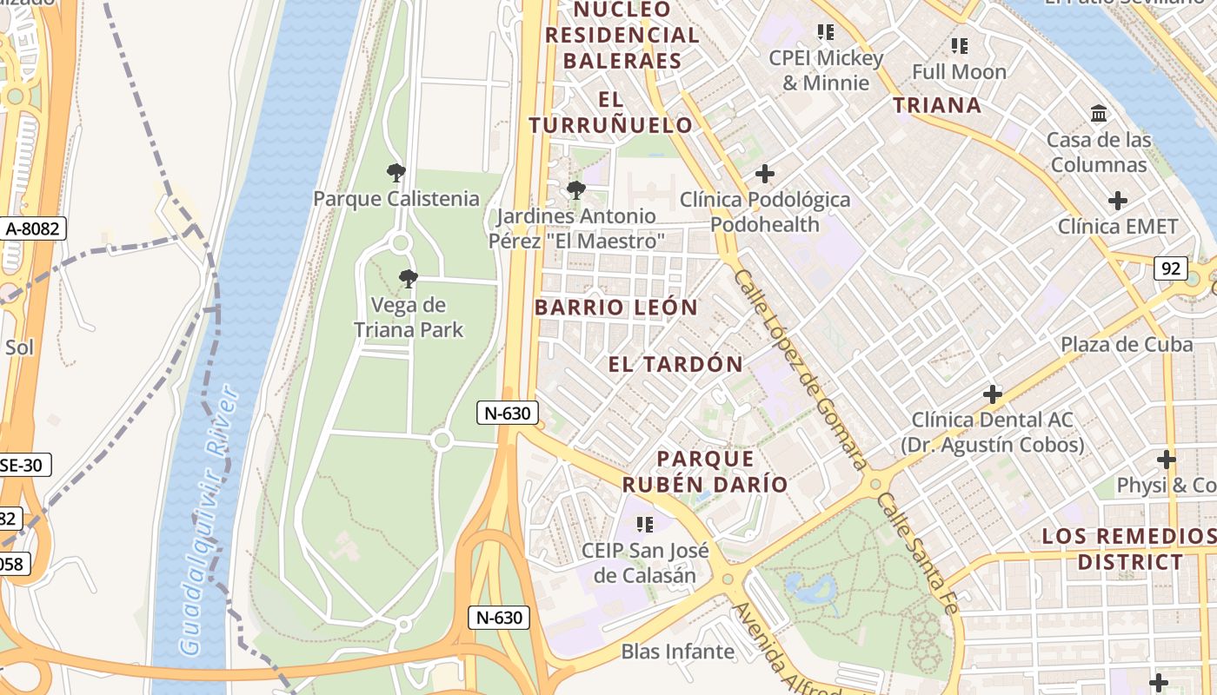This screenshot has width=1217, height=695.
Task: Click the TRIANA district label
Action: point(937,105)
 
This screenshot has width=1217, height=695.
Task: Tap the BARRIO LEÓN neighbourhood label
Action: point(616,307)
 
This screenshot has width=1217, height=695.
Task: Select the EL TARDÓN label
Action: point(675,364)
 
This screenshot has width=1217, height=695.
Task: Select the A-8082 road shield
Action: point(33,228)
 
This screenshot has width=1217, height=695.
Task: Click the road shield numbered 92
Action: point(1170,268)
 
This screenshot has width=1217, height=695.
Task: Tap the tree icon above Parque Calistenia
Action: point(396,173)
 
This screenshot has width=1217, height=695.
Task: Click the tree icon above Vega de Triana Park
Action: point(408,279)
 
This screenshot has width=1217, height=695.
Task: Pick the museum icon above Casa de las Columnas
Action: point(1099,114)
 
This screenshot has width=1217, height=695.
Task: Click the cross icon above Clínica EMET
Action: point(1117,202)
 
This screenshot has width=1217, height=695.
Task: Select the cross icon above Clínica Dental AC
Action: point(992,394)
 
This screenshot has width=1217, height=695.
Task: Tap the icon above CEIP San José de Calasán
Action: point(644,524)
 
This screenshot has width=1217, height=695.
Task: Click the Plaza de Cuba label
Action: point(1126,344)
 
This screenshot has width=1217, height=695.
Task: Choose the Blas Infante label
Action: point(677,651)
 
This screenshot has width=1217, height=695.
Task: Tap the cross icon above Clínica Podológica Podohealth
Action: point(764,174)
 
